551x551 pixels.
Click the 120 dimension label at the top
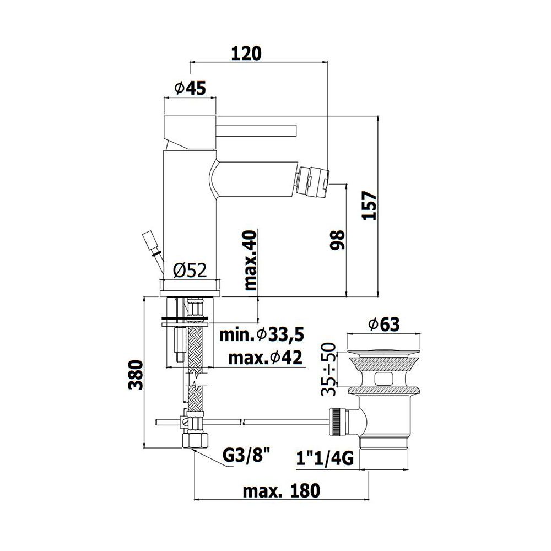coord(246,53)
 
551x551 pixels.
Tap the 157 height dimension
coord(369,206)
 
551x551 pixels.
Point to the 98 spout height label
coord(337,240)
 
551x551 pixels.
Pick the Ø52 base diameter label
coord(190,270)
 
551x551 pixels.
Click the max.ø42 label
coord(266,358)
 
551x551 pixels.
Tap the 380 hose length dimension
coord(136,375)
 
